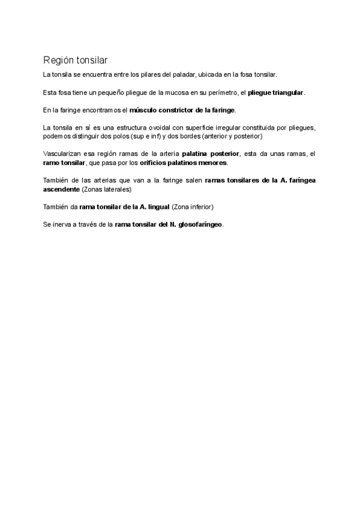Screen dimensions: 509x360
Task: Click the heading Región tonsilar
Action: [x=76, y=60]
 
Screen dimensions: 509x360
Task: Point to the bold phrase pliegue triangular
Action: [x=276, y=92]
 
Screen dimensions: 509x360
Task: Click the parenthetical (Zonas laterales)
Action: [x=106, y=189]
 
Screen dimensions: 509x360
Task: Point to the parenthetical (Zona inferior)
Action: [x=192, y=207]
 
